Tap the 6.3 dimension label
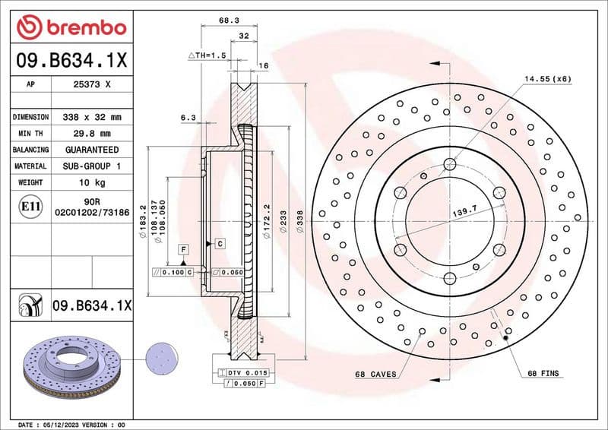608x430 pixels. [x=188, y=117]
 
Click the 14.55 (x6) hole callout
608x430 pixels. [x=546, y=79]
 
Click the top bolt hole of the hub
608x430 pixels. [x=450, y=163]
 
